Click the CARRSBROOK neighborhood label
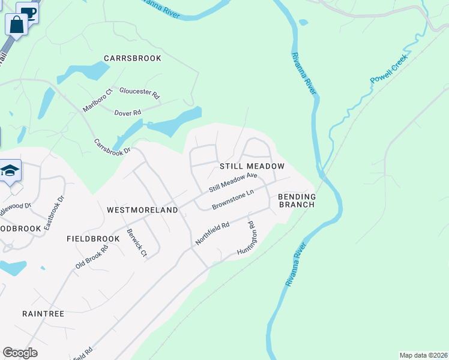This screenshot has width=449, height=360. pos(133,58)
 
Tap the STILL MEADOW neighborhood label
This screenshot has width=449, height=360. pos(252,166)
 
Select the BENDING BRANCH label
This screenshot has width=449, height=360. pos(297,200)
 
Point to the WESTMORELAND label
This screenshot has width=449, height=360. pos(142,210)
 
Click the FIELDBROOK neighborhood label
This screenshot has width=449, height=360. pos(93,239)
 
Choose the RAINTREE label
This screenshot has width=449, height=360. pos(43,313)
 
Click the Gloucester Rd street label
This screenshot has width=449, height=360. pos(140,93)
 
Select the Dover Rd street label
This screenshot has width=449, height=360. pos(127,112)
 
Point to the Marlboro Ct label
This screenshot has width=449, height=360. pos(98,100)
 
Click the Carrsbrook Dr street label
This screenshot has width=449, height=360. pos(112,148)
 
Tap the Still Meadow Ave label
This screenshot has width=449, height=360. pos(233,183)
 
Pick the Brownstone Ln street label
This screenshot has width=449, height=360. pos(234,200)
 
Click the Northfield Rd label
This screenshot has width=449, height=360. pos(212,234)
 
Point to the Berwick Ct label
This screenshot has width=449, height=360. pos(136,242)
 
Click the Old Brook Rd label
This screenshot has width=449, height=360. pos(92,257)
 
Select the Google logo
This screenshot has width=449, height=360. pos(20,353)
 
